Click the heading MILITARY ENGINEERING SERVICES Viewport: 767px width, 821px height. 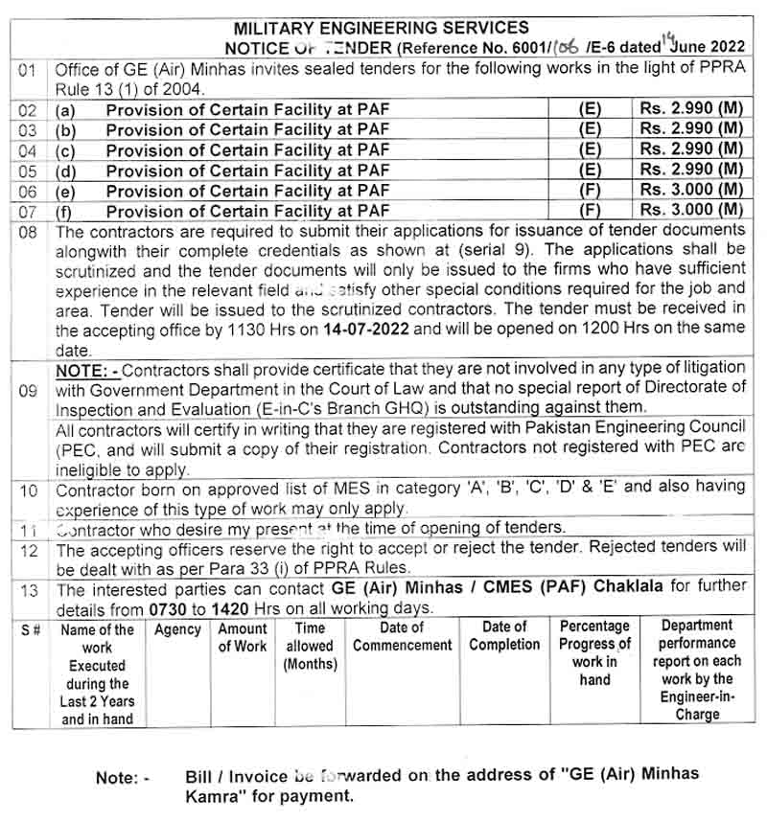tap(382, 28)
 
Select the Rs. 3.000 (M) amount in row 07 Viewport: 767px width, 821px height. tap(691, 210)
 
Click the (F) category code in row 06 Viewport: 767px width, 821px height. tap(591, 190)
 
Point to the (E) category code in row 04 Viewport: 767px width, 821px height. tap(591, 149)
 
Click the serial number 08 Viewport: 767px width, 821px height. tap(29, 232)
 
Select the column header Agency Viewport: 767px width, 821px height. tap(177, 629)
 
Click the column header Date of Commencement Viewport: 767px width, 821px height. tap(402, 637)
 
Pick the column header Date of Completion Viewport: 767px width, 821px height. tap(504, 637)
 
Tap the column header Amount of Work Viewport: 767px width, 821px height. tap(243, 637)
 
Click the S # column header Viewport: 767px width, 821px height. tap(31, 629)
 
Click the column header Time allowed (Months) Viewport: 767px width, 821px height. tap(310, 647)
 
